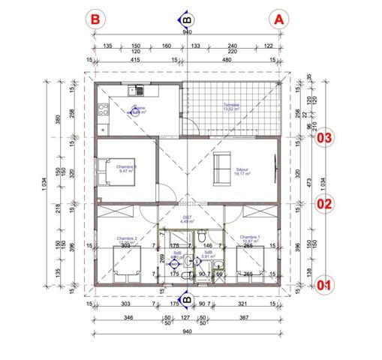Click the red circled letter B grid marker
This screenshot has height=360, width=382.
(95, 19)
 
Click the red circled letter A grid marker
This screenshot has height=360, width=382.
(278, 19)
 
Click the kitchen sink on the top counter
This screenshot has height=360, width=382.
(137, 91)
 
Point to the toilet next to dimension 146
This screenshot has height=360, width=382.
(203, 238)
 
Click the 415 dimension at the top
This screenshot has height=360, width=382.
(135, 60)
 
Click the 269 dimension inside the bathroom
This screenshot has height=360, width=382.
(162, 259)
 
